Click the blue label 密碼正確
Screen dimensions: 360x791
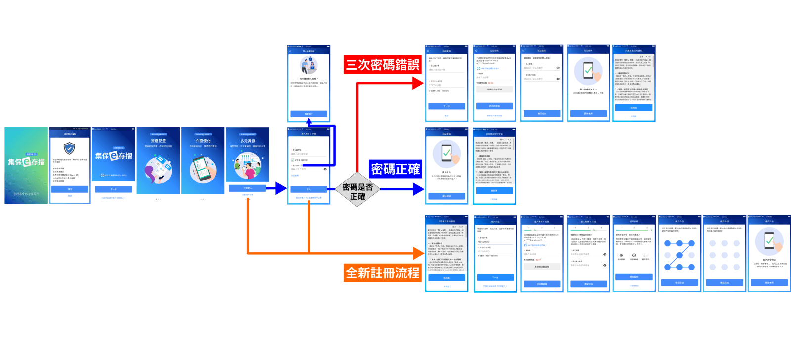[395, 169]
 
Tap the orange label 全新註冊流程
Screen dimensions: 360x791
[382, 273]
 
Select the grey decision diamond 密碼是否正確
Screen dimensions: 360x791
[357, 189]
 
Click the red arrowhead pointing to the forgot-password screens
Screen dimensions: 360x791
[418, 83]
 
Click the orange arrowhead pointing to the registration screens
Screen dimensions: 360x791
[419, 253]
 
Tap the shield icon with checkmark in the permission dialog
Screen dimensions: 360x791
[70, 148]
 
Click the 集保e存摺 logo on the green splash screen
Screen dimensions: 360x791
[26, 162]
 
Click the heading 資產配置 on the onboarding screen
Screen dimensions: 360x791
[158, 141]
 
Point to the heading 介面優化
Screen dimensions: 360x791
[203, 141]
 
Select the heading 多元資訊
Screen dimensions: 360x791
[247, 141]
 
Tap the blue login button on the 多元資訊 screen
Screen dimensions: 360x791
[247, 188]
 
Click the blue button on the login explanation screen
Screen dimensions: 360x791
[308, 114]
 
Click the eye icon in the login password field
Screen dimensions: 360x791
[325, 169]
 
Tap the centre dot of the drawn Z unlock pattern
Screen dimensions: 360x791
[679, 255]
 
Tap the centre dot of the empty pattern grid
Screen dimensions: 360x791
[724, 255]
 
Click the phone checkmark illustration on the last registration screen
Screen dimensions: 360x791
[769, 241]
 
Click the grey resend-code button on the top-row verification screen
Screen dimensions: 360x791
[494, 90]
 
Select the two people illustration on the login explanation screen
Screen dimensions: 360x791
[308, 66]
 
